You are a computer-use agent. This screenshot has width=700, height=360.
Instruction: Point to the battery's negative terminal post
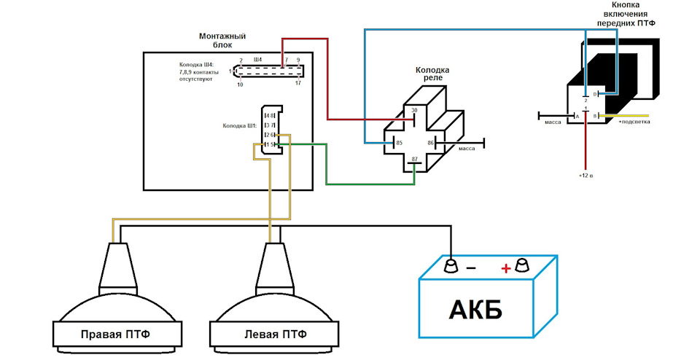[x=451, y=263]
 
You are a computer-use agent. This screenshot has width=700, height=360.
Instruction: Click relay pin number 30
[x=414, y=111]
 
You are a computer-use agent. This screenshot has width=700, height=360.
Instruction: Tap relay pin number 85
[x=399, y=144]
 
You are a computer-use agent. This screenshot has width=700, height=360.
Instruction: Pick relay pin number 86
[x=431, y=144]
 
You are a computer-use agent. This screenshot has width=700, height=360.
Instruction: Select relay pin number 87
[x=414, y=159]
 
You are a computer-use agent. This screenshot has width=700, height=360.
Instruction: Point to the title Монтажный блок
[x=222, y=40]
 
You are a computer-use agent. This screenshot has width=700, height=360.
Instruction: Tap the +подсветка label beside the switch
[x=634, y=122]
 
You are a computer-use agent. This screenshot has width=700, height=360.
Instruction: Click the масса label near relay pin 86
[x=467, y=149]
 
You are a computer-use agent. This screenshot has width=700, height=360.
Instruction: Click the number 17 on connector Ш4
[x=297, y=84]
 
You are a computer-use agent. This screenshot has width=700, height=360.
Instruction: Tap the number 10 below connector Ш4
[x=240, y=85]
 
